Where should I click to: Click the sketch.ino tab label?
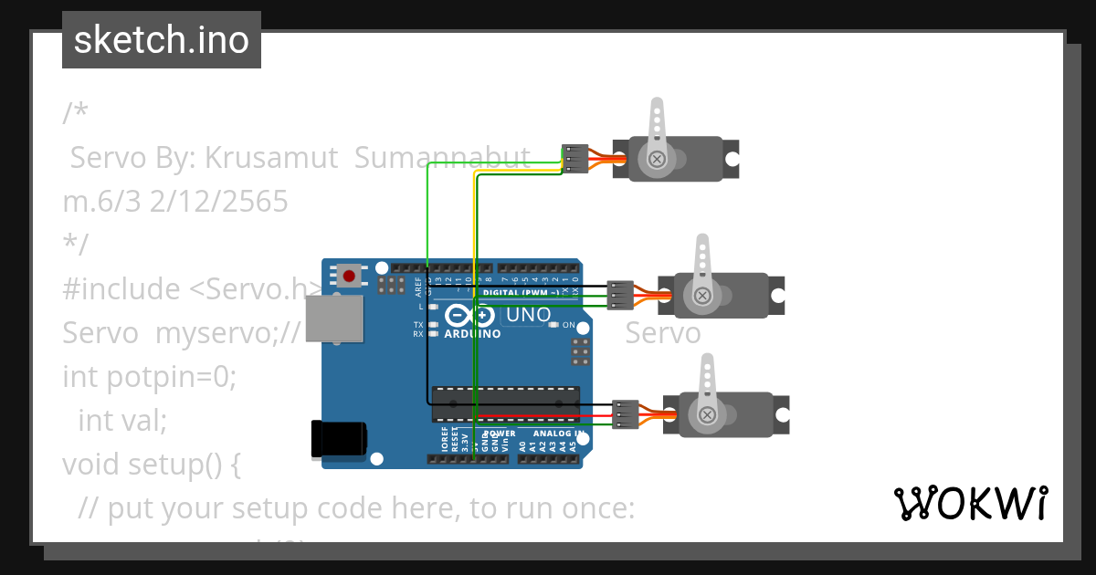tap(161, 40)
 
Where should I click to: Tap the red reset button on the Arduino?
tap(348, 275)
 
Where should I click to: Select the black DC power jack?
tap(338, 438)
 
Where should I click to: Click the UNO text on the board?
tap(528, 316)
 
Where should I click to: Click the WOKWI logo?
tap(971, 504)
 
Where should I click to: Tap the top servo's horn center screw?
tap(656, 159)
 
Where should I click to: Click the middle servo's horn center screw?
tap(701, 296)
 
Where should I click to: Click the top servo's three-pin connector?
tap(575, 159)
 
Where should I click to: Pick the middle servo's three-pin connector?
tap(621, 296)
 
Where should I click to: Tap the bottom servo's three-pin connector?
tap(626, 414)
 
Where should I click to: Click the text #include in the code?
tap(121, 289)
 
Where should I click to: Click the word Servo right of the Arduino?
tap(662, 333)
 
